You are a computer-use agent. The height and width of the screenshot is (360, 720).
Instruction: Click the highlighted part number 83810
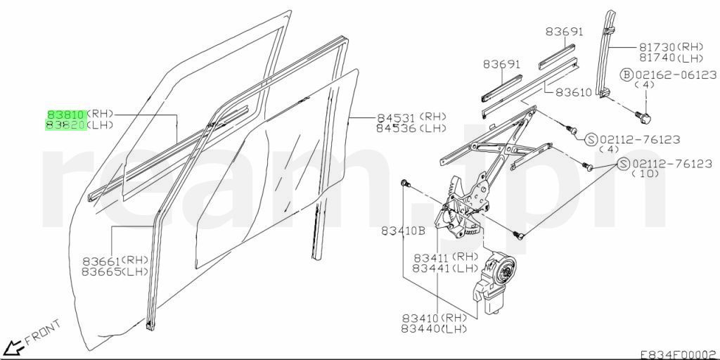(x=65, y=115)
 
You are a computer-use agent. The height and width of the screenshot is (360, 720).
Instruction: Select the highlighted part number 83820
(x=65, y=125)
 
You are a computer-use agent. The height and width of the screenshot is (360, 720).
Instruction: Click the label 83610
(x=574, y=92)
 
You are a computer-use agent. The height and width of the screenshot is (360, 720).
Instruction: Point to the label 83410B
(x=403, y=231)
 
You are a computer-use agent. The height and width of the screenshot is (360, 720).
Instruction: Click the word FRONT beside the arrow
(x=43, y=332)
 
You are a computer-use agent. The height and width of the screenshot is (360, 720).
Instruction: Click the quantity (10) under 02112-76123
(x=645, y=174)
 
